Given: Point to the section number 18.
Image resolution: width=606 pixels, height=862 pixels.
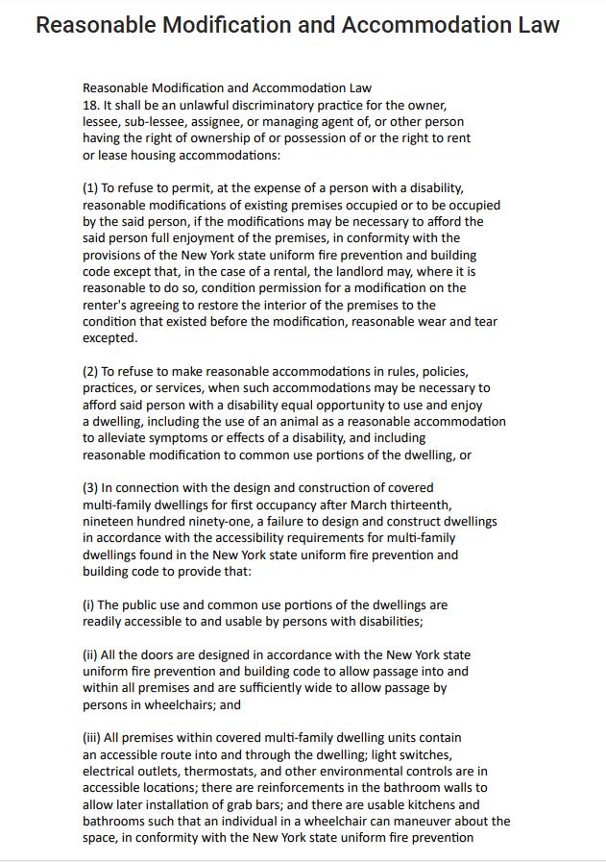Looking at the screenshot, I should click(90, 105).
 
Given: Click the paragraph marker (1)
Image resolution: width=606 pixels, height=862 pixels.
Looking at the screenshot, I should click(90, 188).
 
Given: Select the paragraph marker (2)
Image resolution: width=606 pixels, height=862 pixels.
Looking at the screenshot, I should click(90, 372).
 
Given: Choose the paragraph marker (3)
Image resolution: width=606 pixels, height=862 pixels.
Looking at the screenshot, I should click(90, 488).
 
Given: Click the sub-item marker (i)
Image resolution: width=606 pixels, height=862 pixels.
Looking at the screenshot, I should click(87, 605).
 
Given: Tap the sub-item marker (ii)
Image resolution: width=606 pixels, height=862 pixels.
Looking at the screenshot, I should click(89, 655).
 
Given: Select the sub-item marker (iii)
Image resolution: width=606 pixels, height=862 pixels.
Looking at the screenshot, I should click(91, 738).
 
